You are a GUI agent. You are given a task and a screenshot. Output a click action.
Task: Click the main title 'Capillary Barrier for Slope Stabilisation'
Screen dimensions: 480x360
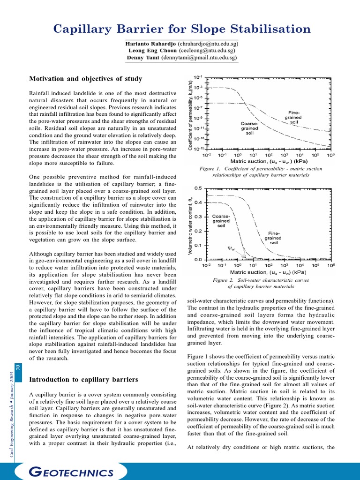182,29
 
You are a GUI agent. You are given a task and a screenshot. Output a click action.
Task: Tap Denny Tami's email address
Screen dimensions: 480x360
199,58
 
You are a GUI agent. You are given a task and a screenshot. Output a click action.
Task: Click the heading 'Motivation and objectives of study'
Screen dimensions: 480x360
86,79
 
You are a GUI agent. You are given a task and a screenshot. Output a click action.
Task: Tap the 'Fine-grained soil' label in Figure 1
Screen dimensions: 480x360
294,117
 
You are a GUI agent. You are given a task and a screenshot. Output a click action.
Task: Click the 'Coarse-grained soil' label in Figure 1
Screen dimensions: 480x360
249,128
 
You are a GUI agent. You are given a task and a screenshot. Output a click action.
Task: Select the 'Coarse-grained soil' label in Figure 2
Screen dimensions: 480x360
221,221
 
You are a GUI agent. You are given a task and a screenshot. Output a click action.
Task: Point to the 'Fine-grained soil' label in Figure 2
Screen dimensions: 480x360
274,238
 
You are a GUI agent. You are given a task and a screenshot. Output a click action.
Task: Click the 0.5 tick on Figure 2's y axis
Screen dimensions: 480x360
198,188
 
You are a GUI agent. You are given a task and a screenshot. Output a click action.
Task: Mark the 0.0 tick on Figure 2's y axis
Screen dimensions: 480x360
198,259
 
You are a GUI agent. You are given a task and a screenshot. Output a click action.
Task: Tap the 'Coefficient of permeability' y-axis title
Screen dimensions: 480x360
190,112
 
